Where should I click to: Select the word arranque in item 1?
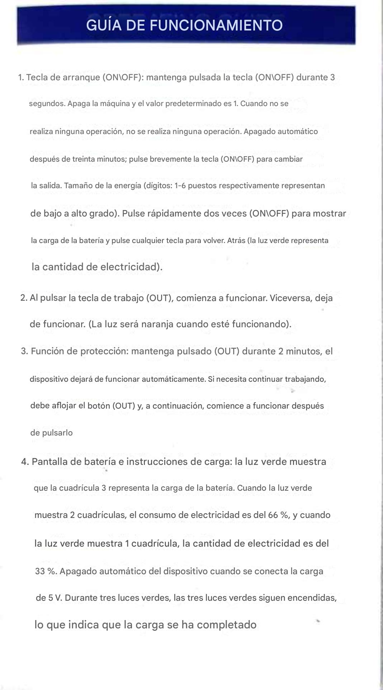point(81,77)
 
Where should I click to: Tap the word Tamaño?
point(78,186)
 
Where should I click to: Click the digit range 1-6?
point(180,186)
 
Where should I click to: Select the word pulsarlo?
point(57,433)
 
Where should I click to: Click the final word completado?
point(227,625)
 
